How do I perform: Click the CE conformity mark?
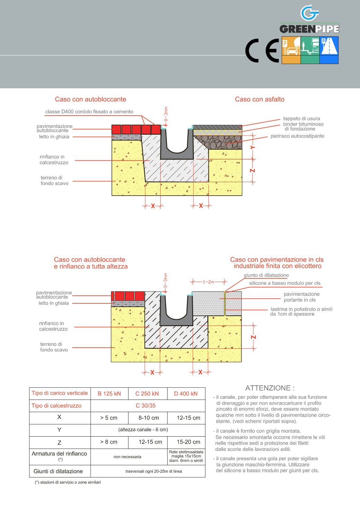(x=262, y=51)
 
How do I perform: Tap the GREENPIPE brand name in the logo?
(x=309, y=28)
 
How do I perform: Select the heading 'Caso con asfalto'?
(x=260, y=99)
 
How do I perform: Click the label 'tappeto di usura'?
(x=301, y=119)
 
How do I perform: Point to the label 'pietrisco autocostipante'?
(x=297, y=136)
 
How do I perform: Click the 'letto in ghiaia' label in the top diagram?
(x=54, y=137)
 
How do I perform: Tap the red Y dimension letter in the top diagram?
(x=253, y=147)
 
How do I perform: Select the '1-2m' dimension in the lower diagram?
(x=209, y=282)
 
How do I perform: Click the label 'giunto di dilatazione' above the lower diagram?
(x=266, y=275)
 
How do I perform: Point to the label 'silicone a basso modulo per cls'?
(x=285, y=283)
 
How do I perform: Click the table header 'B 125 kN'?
(x=109, y=393)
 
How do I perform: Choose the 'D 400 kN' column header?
(x=186, y=393)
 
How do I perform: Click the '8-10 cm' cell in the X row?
(x=149, y=418)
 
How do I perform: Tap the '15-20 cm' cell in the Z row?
(x=188, y=442)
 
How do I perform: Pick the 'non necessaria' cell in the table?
(x=127, y=457)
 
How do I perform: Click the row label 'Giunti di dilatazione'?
(x=58, y=471)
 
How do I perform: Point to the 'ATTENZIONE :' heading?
(x=270, y=388)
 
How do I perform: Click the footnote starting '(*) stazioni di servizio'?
(x=67, y=482)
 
